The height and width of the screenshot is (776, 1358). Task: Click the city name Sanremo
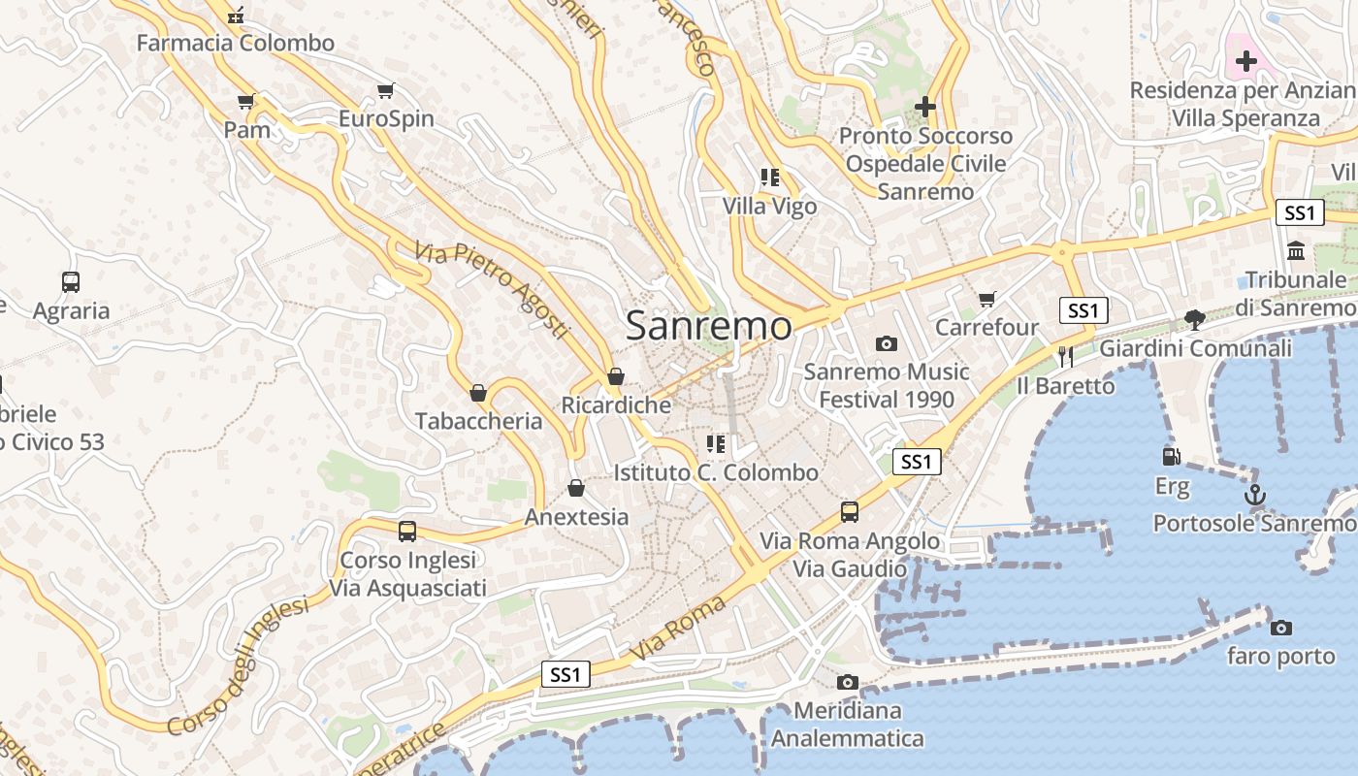708,326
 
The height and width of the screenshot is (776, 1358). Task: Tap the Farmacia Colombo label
235,43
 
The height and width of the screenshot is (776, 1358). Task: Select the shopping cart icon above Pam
246,102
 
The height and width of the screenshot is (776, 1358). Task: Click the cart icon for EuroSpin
386,91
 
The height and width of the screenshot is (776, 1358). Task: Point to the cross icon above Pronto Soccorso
925,107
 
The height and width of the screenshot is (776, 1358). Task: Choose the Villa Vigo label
770,207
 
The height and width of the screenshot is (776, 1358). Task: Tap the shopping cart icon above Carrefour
987,300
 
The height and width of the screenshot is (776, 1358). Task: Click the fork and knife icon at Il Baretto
1066,357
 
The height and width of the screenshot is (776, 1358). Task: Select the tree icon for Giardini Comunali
1195,320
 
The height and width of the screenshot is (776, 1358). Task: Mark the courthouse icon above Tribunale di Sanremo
1296,251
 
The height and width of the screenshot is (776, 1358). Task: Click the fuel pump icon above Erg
1172,456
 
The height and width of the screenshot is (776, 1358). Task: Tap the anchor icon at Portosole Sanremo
1255,496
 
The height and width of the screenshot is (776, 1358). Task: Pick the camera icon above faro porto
1280,628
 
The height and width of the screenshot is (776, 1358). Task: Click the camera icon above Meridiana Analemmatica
848,682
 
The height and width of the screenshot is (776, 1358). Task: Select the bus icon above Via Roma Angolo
850,511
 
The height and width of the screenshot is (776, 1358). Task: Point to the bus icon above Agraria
71,282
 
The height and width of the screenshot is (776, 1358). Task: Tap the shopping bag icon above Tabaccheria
478,393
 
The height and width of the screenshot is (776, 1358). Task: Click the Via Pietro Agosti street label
491,290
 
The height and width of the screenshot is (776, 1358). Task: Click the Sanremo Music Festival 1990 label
887,385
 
